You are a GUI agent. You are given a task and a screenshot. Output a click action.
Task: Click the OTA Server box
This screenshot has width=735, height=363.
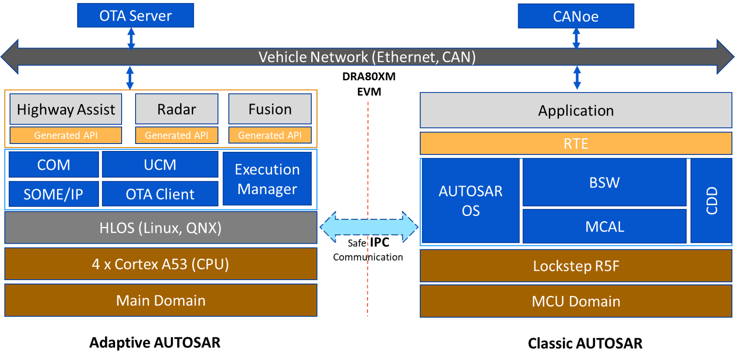[136, 15]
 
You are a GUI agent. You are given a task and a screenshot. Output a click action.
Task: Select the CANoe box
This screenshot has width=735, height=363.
[576, 16]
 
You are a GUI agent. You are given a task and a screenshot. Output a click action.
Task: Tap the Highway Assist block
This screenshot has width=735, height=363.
[66, 109]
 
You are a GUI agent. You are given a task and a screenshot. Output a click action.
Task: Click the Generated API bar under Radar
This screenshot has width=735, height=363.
[177, 135]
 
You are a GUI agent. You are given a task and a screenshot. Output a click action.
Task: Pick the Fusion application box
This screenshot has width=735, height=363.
[270, 109]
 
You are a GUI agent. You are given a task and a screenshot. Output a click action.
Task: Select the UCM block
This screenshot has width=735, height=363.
[160, 164]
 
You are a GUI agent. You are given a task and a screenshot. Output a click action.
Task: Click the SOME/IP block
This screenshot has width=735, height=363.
[54, 194]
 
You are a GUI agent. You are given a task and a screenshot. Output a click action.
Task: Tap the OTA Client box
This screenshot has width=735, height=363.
[160, 194]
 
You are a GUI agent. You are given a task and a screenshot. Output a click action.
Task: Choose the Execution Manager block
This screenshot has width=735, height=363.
[267, 179]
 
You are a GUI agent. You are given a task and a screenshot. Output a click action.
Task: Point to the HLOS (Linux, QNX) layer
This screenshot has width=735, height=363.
[161, 227]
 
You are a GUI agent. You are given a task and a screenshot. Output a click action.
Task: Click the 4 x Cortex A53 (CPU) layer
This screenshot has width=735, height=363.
[161, 264]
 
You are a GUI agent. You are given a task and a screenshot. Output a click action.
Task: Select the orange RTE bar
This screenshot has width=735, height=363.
[576, 143]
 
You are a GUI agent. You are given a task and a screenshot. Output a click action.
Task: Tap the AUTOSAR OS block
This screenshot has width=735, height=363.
[471, 201]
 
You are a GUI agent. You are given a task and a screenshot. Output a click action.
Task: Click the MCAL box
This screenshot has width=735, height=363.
[605, 226]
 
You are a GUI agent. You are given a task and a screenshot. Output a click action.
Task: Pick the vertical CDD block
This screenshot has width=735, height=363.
[711, 201]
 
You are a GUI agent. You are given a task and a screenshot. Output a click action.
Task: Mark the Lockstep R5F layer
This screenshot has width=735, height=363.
[576, 266]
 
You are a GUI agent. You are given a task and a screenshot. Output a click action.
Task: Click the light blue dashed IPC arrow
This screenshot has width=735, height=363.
[369, 226]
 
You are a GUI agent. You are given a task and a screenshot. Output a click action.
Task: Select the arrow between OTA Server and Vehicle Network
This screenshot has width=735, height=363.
[131, 39]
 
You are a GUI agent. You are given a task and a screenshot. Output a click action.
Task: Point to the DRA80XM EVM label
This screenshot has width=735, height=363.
[369, 84]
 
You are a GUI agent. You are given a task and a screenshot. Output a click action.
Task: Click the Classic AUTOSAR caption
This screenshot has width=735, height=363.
[585, 343]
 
